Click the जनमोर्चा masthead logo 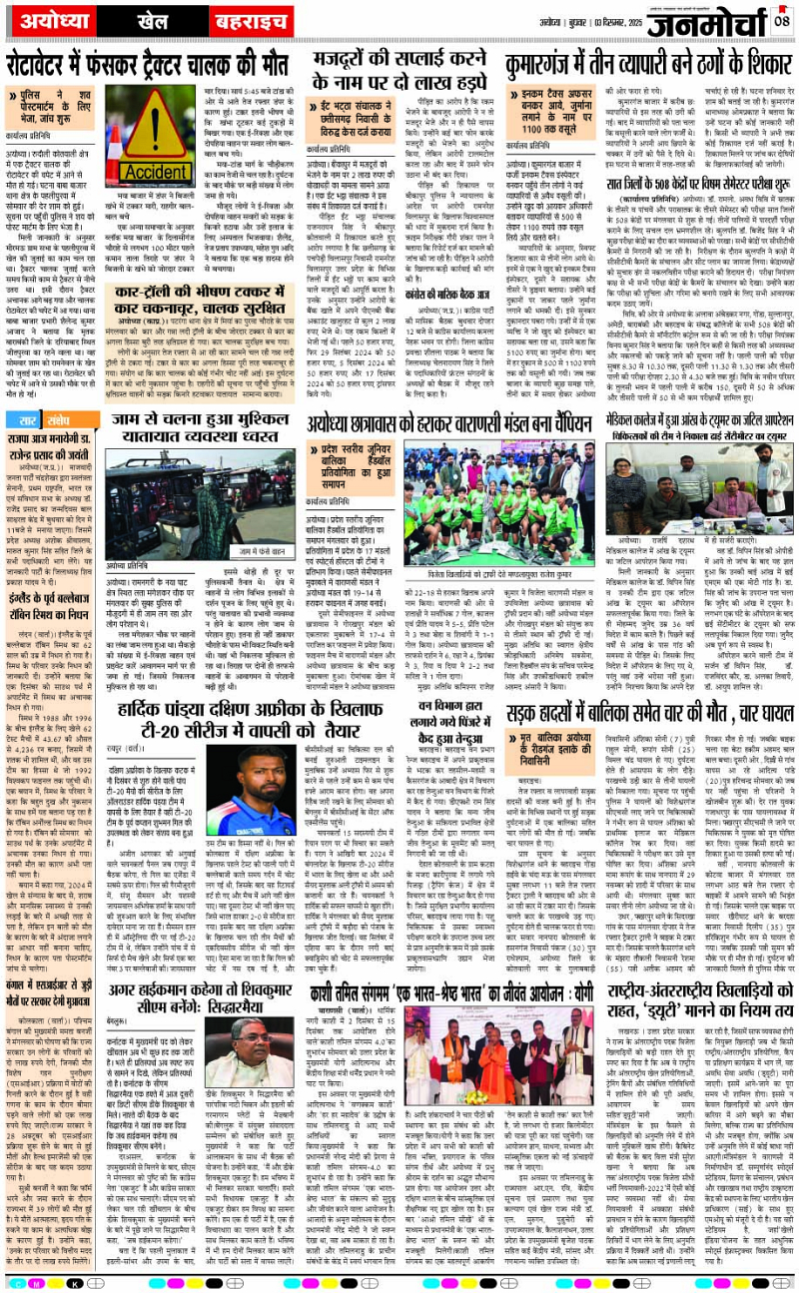(x=713, y=20)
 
